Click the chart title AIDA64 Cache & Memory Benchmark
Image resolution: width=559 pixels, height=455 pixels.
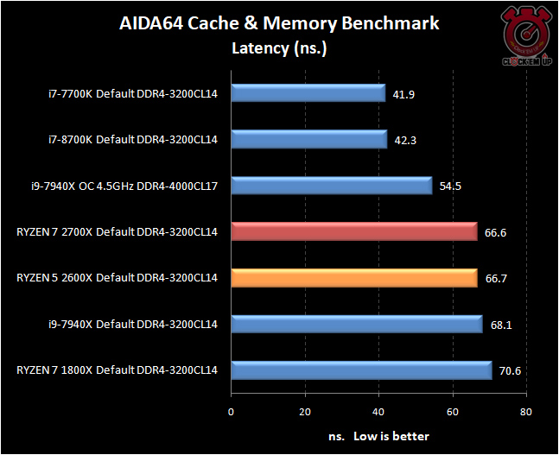tap(279, 23)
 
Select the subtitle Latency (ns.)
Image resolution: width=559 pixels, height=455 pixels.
tap(278, 47)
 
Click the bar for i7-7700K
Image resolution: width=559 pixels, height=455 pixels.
tap(308, 93)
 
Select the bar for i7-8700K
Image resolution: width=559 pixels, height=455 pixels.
tap(309, 139)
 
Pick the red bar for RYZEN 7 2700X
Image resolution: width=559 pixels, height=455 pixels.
tap(354, 231)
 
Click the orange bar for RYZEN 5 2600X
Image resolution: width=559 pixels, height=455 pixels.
tap(354, 278)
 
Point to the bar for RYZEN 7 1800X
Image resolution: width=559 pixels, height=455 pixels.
tap(361, 370)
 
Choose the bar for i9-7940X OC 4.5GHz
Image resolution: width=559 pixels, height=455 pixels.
tap(332, 186)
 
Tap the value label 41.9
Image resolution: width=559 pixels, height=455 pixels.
tap(404, 94)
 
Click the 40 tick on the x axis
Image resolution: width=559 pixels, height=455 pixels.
tap(378, 411)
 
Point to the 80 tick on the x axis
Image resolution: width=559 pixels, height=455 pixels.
tap(525, 411)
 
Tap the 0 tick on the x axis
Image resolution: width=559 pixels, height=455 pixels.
tap(232, 411)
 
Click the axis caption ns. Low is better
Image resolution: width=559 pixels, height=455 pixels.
tap(378, 436)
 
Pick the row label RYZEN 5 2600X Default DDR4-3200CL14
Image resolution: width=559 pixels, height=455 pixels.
tap(117, 278)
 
